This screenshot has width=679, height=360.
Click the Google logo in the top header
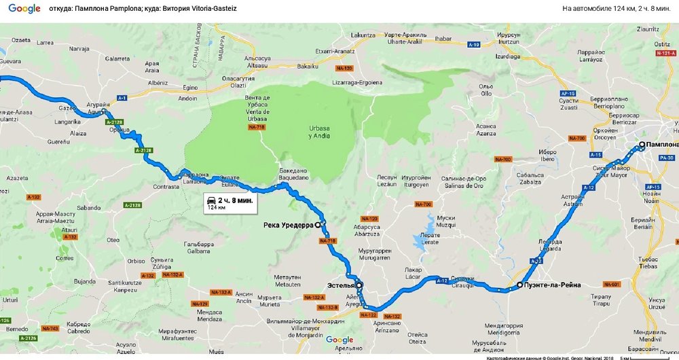[x=24, y=9]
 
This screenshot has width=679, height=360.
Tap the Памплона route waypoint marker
[x=641, y=145]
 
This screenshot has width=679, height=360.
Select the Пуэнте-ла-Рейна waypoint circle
[x=519, y=285]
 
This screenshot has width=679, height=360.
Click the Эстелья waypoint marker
[x=359, y=285]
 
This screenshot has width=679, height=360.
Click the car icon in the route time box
[x=211, y=200]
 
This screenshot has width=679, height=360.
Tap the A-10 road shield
[x=475, y=45]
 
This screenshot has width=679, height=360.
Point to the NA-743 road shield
[x=50, y=329]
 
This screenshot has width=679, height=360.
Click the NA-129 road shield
[x=200, y=304]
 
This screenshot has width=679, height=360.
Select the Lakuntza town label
[x=363, y=35]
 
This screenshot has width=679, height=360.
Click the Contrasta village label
[x=166, y=185]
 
